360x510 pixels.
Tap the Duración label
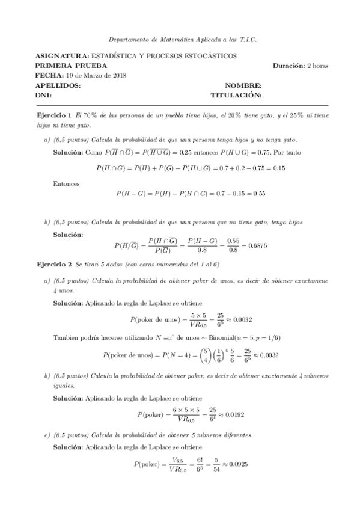pyautogui.click(x=288, y=65)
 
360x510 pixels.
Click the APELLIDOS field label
pyautogui.click(x=58, y=85)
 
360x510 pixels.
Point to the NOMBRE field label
pyautogui.click(x=243, y=85)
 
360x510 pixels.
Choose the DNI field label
pyautogui.click(x=43, y=95)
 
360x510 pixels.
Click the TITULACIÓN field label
pyautogui.click(x=236, y=95)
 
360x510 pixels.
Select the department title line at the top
pyautogui.click(x=180, y=39)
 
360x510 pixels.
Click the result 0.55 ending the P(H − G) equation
pyautogui.click(x=258, y=194)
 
